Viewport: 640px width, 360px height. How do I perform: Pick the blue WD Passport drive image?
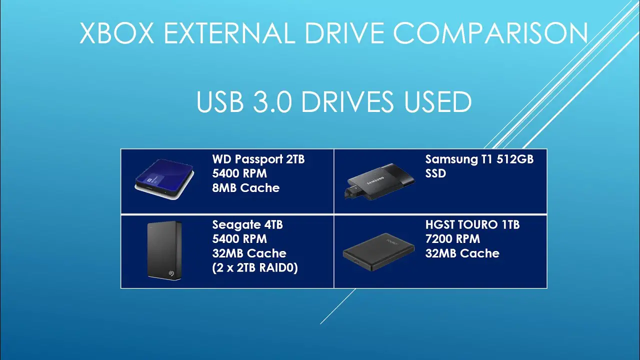[x=161, y=180]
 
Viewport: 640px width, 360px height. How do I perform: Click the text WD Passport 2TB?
[x=258, y=159]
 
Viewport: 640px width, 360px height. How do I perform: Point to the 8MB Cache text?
[x=245, y=188]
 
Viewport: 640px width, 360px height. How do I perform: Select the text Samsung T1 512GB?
[x=479, y=159]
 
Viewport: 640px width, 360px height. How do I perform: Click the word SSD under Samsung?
[x=435, y=173]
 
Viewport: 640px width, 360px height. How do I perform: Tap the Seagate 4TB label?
[x=247, y=225]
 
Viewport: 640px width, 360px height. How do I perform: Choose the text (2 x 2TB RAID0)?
[x=255, y=267]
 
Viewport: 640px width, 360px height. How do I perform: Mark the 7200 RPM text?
[x=452, y=239]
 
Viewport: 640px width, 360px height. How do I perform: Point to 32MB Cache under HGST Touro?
[x=462, y=253]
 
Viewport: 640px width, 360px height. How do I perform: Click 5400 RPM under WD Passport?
[x=239, y=173]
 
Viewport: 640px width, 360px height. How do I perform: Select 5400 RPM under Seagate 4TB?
[x=239, y=239]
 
